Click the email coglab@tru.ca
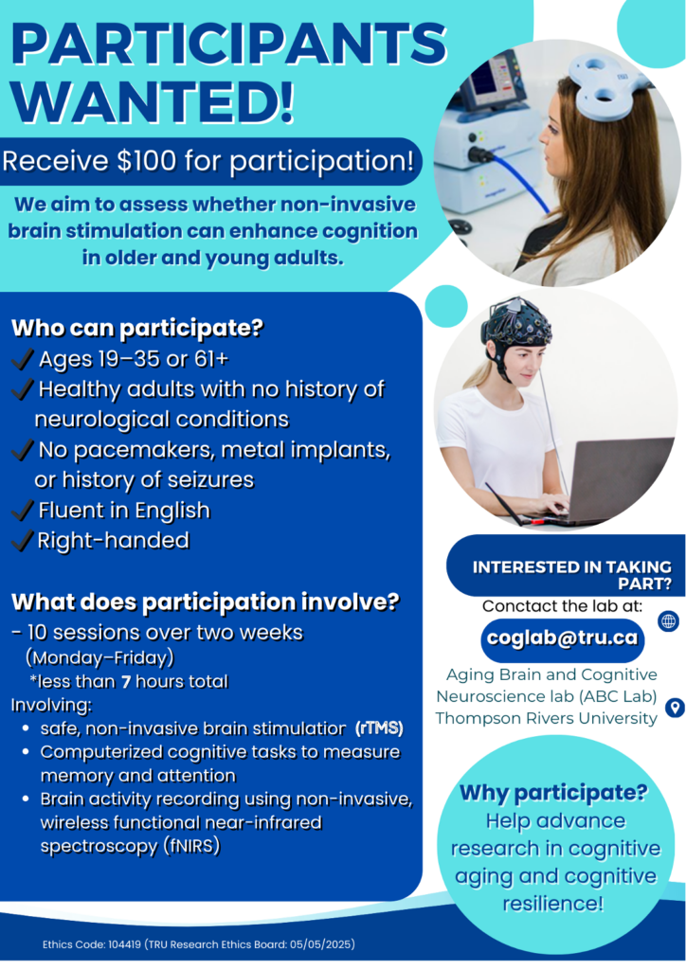click(562, 638)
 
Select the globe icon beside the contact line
click(669, 621)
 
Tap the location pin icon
click(675, 707)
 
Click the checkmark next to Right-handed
click(23, 541)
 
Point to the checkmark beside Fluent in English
click(23, 511)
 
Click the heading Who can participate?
click(137, 328)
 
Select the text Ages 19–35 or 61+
click(134, 359)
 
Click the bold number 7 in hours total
click(126, 682)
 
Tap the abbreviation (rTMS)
click(379, 728)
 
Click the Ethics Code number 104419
click(124, 944)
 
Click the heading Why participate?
click(553, 793)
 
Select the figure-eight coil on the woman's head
click(600, 84)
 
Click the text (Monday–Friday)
click(99, 657)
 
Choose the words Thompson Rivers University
click(546, 718)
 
